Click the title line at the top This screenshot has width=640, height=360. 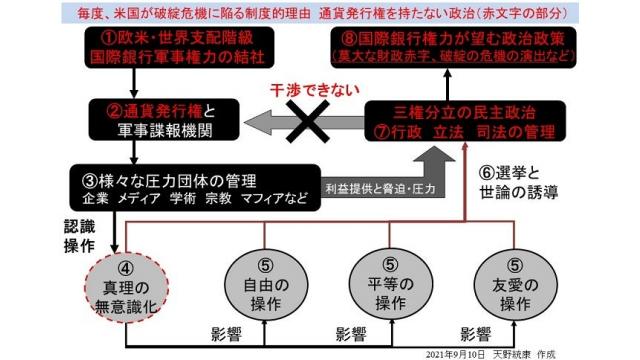coord(320,12)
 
